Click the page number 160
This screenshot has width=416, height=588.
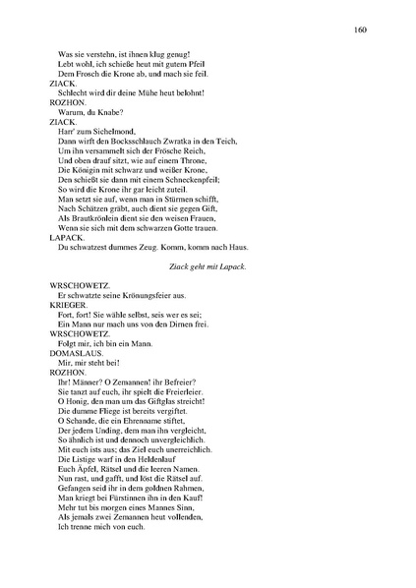tap(360, 29)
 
